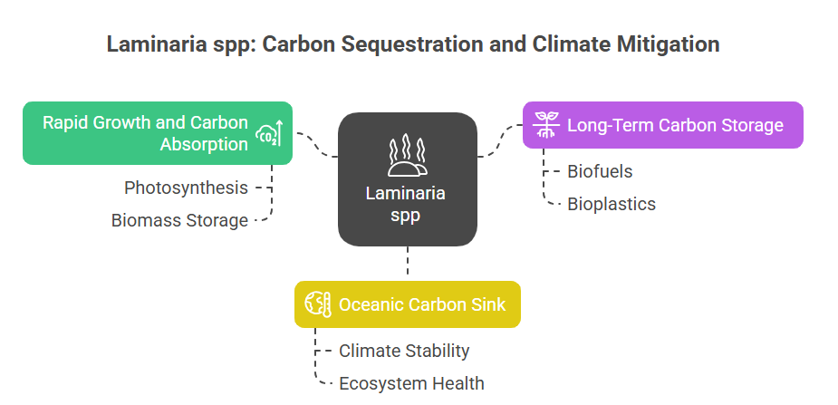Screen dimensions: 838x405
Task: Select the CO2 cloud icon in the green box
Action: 268,133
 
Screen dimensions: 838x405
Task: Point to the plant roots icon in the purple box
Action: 545,125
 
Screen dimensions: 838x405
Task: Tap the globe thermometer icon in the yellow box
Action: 318,304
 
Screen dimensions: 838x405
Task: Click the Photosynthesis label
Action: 186,188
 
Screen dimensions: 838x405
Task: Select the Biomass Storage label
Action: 179,220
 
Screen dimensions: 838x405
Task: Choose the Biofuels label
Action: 600,171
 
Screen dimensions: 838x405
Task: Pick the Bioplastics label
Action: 612,204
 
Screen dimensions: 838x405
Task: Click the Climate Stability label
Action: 404,351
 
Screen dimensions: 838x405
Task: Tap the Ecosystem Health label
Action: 411,383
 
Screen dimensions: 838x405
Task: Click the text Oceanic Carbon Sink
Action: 422,304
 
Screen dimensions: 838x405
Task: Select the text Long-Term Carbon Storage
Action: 675,125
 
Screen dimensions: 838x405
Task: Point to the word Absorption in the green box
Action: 204,144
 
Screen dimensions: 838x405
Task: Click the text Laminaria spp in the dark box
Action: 406,204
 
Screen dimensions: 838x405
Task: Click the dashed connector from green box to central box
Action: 316,145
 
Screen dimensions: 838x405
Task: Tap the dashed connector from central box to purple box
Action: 500,140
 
